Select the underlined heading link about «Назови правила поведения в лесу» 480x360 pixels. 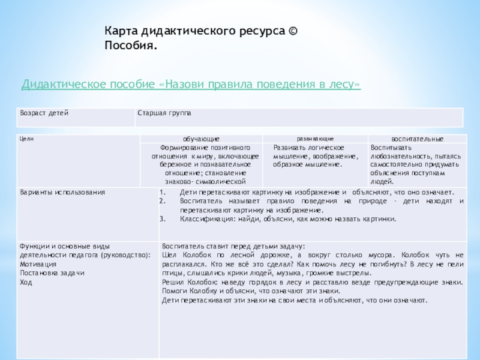(191, 85)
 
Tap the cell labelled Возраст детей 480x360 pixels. (44, 113)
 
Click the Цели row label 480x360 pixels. (26, 139)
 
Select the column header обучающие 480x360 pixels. (201, 139)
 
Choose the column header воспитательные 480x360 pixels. (417, 139)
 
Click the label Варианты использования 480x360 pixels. (62, 193)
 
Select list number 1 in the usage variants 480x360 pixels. (163, 193)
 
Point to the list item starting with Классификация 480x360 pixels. (288, 218)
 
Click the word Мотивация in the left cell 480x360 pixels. (38, 264)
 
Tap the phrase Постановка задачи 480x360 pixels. (52, 273)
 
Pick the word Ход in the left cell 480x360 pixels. (26, 282)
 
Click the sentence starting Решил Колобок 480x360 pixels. (312, 282)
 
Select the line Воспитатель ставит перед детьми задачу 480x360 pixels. (234, 247)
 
